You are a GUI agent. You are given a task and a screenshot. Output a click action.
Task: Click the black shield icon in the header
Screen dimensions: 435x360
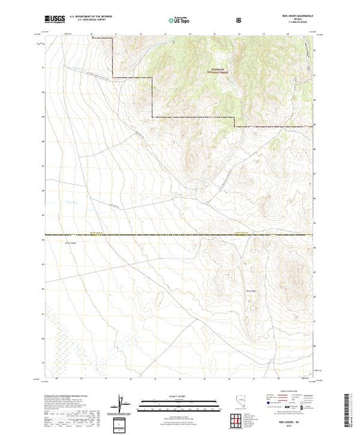pos(239,21)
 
